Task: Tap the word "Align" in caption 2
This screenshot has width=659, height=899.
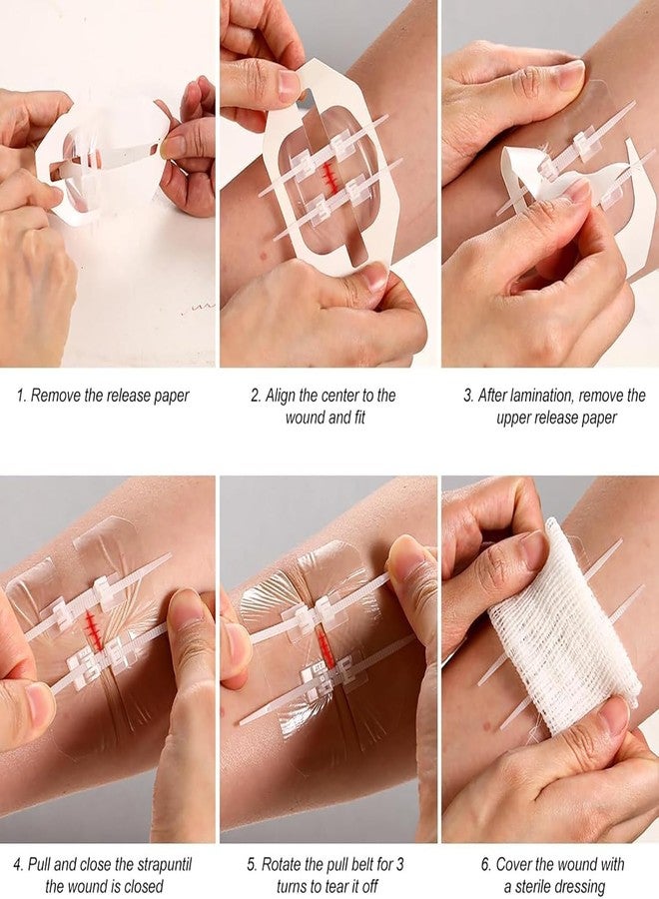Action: click(286, 396)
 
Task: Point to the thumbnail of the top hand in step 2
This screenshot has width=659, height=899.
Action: click(289, 84)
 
